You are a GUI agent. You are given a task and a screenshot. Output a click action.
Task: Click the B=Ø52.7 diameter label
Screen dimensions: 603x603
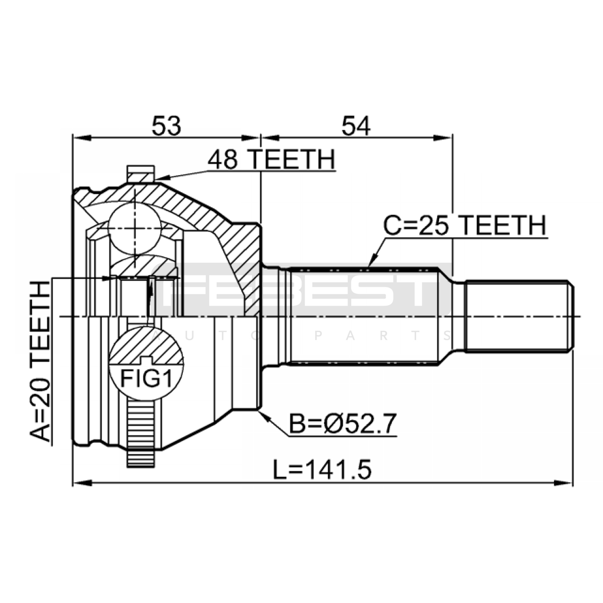(x=343, y=424)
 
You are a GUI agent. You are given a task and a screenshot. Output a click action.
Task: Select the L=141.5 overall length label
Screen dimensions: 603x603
(x=322, y=470)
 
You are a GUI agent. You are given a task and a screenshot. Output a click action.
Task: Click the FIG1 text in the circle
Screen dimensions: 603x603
(x=146, y=379)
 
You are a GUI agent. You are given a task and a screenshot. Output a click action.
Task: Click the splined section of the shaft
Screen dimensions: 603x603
(x=364, y=316)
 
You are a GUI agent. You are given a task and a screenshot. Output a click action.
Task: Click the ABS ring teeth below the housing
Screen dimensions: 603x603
(x=141, y=433)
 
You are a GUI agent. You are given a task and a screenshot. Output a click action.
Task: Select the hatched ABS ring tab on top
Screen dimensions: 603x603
(x=141, y=174)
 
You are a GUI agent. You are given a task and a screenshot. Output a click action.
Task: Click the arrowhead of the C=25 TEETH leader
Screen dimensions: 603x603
(x=371, y=262)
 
